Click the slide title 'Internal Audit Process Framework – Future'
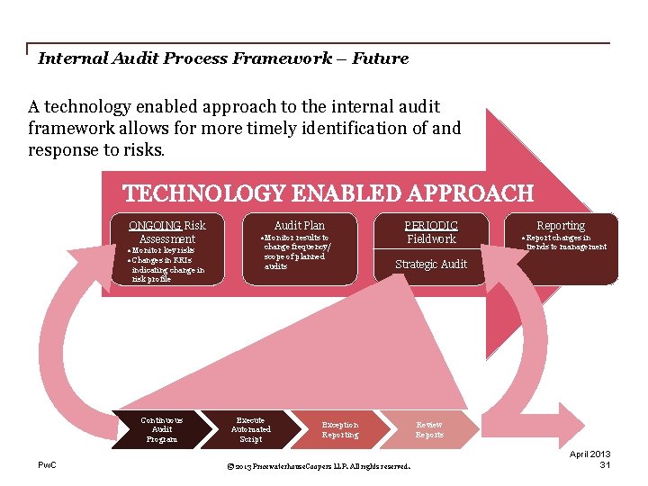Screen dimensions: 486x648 click(x=223, y=58)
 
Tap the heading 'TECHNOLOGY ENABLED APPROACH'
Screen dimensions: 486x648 click(x=328, y=193)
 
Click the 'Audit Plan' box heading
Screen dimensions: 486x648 click(x=299, y=225)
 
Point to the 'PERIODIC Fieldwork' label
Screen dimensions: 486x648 click(x=431, y=232)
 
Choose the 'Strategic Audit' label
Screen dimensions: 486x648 click(x=431, y=264)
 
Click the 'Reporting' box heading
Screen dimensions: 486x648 click(x=561, y=225)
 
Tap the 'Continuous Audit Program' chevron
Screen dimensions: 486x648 click(x=162, y=429)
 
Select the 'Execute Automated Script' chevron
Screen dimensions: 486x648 click(x=250, y=429)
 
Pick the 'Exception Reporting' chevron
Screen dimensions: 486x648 click(x=340, y=429)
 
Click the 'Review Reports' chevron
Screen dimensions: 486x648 click(x=429, y=429)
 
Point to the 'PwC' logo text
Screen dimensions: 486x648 click(x=47, y=464)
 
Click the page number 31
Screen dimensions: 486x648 click(x=606, y=464)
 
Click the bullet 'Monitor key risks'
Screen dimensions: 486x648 click(x=162, y=250)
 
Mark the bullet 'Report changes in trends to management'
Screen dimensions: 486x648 click(x=565, y=242)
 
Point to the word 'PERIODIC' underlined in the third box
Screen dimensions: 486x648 click(x=431, y=225)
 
